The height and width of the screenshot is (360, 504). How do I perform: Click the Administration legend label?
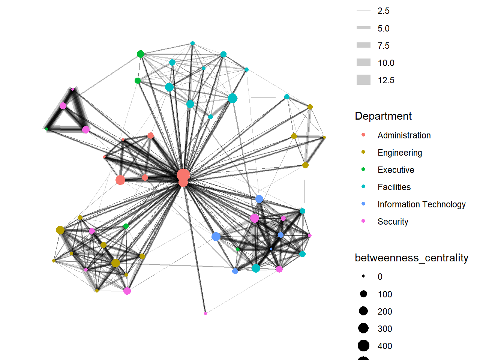point(404,135)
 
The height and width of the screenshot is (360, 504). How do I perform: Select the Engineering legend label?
point(400,153)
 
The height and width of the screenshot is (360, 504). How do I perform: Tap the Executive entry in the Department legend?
point(396,170)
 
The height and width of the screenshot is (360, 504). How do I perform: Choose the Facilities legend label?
point(394,187)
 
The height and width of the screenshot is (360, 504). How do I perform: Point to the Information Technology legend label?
point(421,204)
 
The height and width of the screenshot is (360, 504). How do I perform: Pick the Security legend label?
point(393,222)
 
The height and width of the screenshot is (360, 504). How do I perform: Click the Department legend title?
point(383,116)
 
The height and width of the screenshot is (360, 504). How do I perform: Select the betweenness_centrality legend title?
point(411,258)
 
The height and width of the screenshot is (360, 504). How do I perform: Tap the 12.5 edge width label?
point(386,80)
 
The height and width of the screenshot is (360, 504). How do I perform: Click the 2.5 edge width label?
point(383,11)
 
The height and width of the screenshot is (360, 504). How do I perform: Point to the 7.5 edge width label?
point(383,46)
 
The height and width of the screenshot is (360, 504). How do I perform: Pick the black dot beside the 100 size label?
point(363,294)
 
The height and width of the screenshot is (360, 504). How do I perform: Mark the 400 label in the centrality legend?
point(385,346)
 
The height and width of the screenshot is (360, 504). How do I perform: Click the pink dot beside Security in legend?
point(363,221)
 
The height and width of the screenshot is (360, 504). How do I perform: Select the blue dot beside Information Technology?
point(363,204)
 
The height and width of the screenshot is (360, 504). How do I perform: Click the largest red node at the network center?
point(183,175)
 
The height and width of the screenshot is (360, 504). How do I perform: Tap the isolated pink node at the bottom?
point(205,313)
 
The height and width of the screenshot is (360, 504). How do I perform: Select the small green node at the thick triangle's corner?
point(46,129)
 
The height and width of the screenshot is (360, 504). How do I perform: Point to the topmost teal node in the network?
point(192,43)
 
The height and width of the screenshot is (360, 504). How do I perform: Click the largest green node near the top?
point(141,54)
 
